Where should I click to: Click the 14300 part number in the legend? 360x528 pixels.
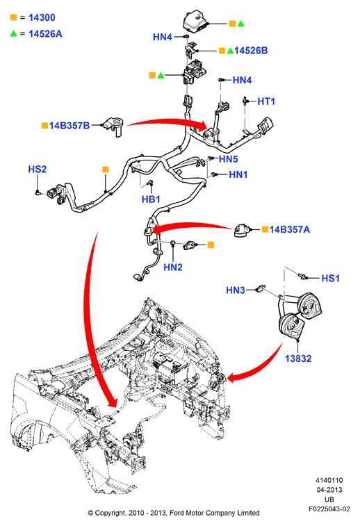[x=42, y=17]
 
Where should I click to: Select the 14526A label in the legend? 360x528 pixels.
[x=45, y=33]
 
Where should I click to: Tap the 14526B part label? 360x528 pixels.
[x=251, y=51]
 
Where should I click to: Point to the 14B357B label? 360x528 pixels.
[x=69, y=126]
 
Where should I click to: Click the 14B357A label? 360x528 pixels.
[x=290, y=229]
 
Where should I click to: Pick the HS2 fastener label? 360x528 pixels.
[x=38, y=169]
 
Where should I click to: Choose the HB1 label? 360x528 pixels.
[x=151, y=199]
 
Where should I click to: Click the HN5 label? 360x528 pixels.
[x=229, y=159]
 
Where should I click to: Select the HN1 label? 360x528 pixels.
[x=238, y=174]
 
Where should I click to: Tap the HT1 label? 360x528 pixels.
[x=266, y=101]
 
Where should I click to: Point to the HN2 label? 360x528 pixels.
[x=173, y=267]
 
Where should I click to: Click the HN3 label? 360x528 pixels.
[x=236, y=290]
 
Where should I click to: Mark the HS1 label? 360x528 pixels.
[x=330, y=278]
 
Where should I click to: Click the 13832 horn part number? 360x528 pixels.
[x=298, y=358]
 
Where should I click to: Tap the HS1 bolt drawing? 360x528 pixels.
[x=303, y=277]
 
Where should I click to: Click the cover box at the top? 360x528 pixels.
[x=196, y=22]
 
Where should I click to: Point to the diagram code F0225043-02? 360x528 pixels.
[x=329, y=509]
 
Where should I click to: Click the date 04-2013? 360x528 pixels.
[x=329, y=490]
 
